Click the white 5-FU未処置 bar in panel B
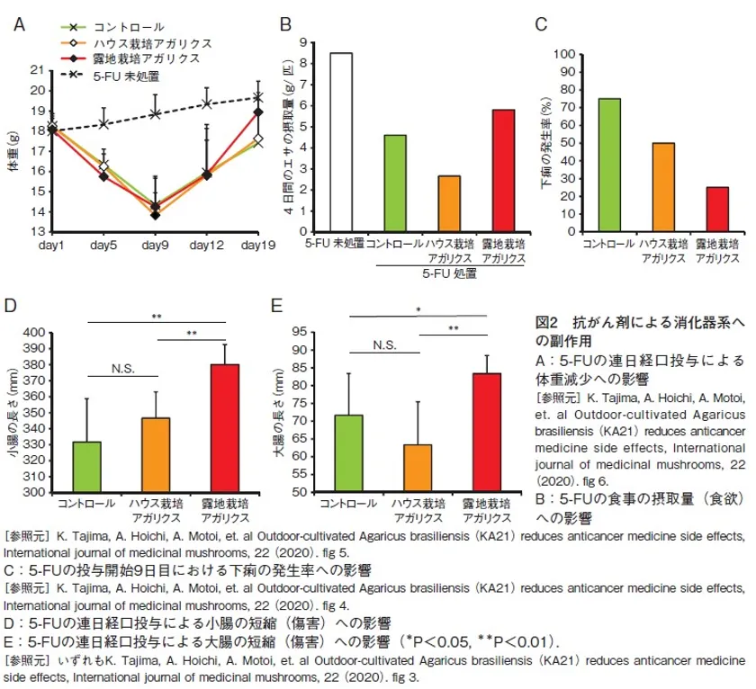341,143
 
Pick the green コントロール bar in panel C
609,166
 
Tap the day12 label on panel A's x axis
207,246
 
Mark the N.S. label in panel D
122,366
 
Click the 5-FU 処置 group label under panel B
447,273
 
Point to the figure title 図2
548,320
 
